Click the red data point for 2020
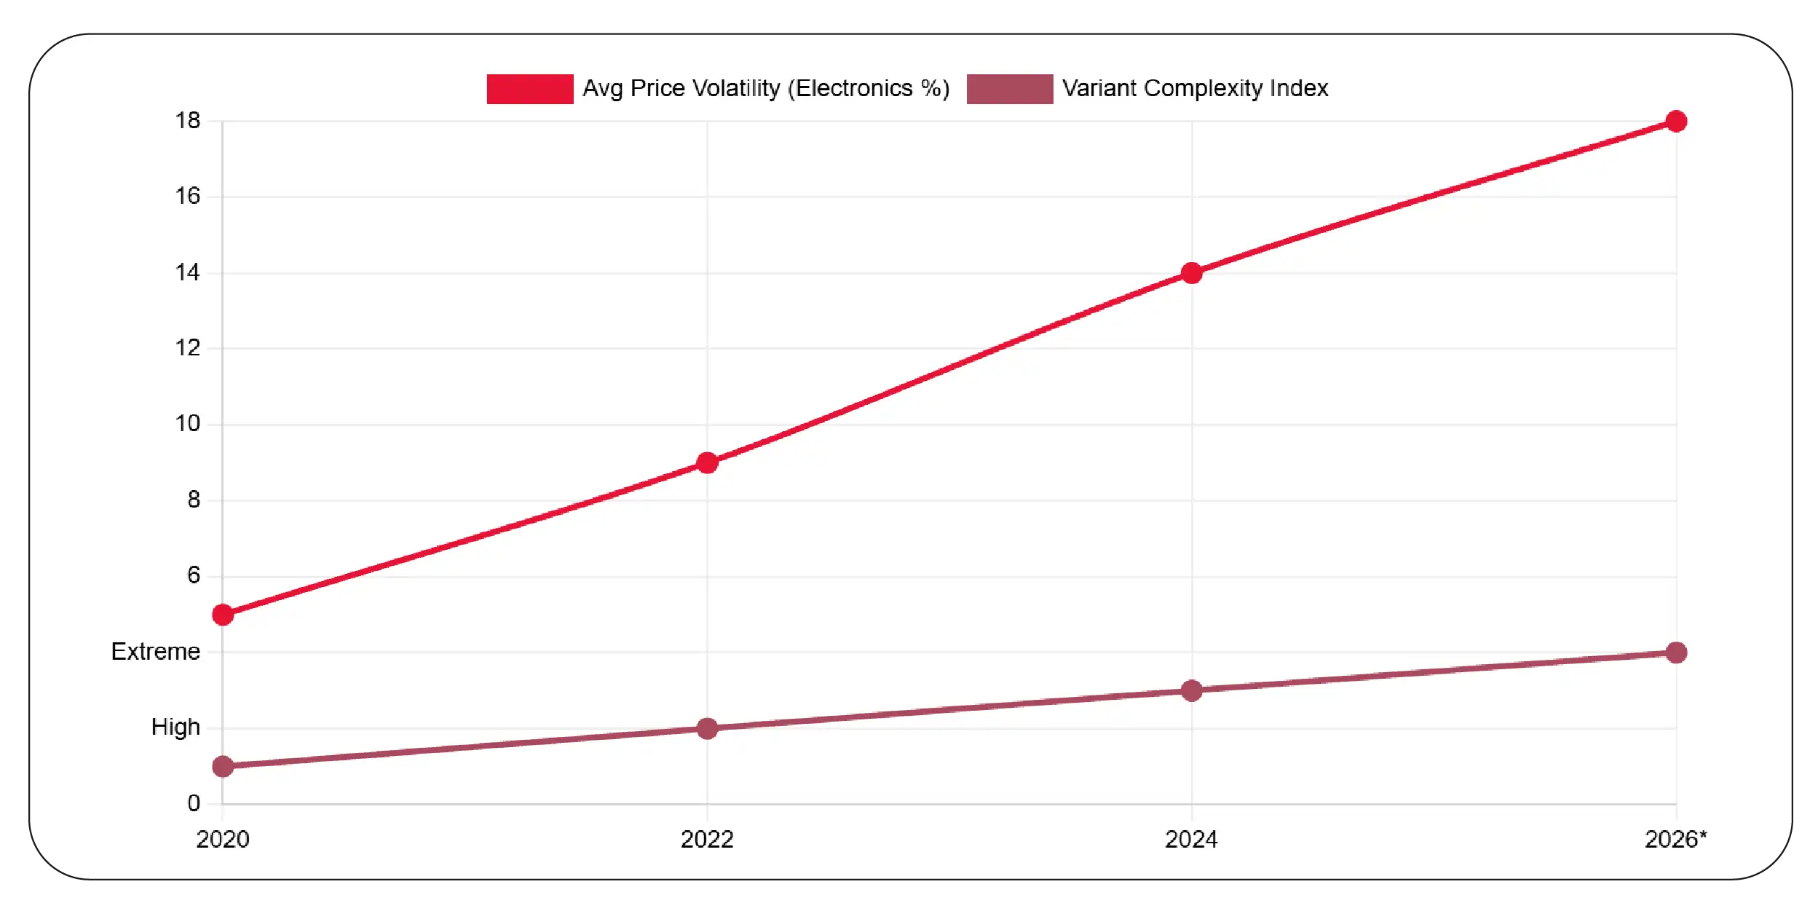point(223,615)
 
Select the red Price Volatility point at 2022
point(707,462)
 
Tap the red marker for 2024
point(1192,273)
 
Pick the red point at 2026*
point(1676,121)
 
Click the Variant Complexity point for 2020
point(223,766)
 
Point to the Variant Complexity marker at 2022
point(707,728)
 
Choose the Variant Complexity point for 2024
point(1192,690)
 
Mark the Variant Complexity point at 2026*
point(1676,652)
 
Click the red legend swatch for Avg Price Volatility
point(530,89)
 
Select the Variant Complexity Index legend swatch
point(1010,89)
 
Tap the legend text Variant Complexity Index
point(1195,88)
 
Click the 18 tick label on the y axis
point(188,120)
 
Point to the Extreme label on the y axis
point(156,651)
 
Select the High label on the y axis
point(175,727)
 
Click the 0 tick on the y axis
point(194,803)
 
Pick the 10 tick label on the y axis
point(188,423)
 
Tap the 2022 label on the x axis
point(707,840)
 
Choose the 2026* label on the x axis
point(1675,840)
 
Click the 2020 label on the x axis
point(223,840)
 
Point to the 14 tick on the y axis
point(188,272)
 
